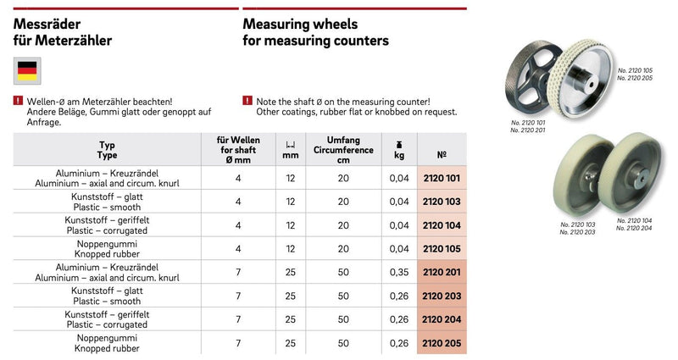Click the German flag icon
(27, 71)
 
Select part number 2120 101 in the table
(441, 178)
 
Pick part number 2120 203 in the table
(441, 296)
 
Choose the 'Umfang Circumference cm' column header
(343, 150)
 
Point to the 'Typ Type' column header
(107, 150)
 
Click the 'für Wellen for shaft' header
(239, 150)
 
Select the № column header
(441, 155)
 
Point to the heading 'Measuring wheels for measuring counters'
(315, 32)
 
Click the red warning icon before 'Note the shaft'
(247, 101)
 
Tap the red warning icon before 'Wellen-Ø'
(19, 101)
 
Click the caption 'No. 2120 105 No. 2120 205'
(635, 74)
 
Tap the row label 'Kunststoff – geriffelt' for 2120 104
(107, 219)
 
